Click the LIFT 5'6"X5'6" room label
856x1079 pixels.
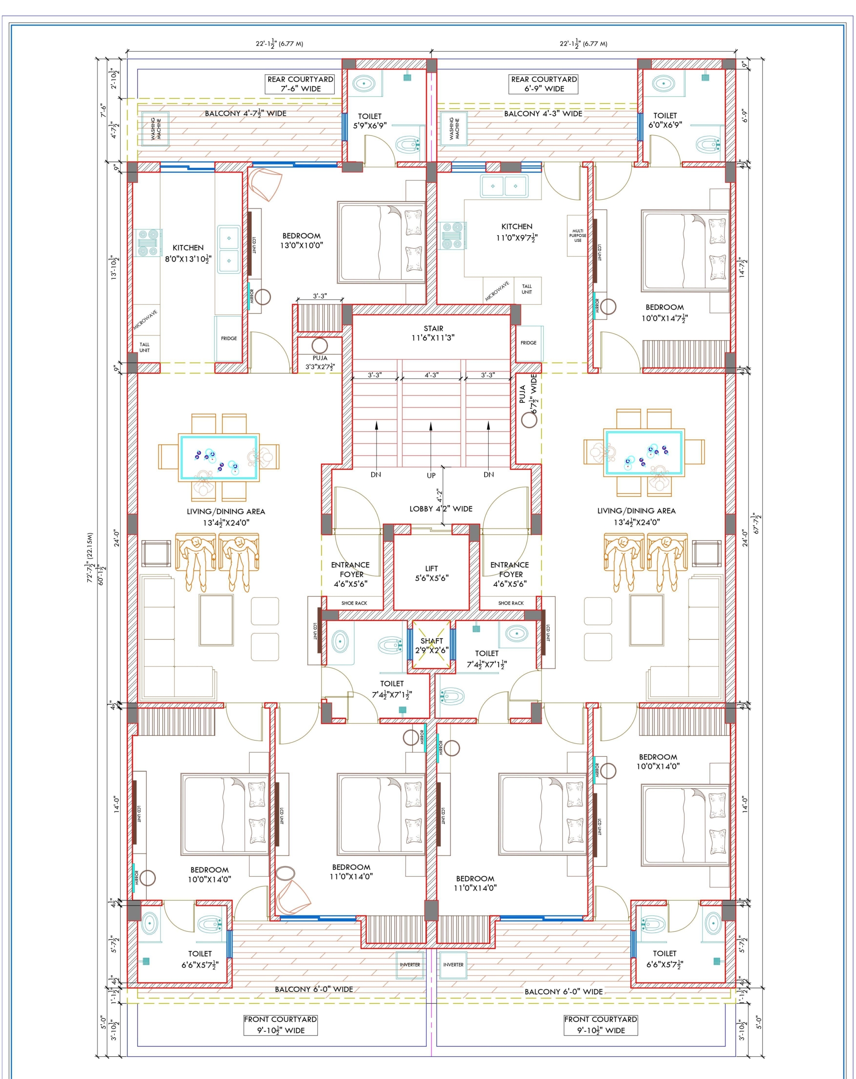(431, 573)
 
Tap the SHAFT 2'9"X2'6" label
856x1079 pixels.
(431, 646)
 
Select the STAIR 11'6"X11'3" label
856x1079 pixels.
(433, 333)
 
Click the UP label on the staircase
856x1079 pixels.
(431, 475)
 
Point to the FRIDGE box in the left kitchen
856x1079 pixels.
(229, 338)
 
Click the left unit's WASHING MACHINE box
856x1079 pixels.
(156, 129)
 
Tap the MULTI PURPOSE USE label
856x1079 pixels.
(577, 236)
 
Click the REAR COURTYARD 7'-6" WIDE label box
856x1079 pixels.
(300, 84)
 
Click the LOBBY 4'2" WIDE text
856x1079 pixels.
(441, 508)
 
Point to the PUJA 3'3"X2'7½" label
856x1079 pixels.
(320, 362)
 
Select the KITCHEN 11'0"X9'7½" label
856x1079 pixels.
(517, 232)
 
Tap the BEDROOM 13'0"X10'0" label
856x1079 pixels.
(301, 240)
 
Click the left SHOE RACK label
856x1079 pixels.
(354, 603)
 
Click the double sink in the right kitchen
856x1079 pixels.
(503, 186)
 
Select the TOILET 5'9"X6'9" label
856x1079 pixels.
(369, 121)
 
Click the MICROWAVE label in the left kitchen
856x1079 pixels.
(145, 320)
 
